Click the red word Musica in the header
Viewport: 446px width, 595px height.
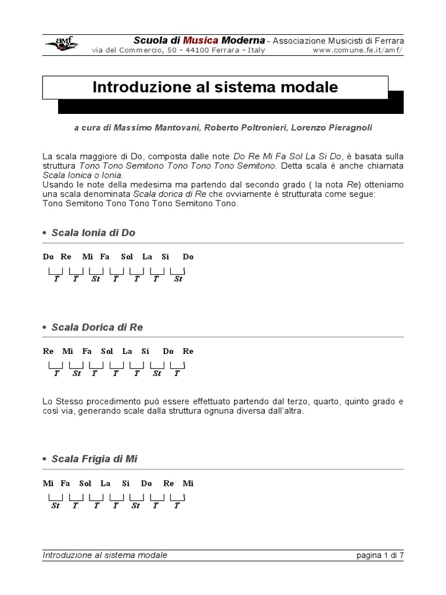pos(201,40)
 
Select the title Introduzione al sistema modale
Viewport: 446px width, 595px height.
pos(215,88)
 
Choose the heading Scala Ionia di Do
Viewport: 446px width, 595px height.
pos(93,232)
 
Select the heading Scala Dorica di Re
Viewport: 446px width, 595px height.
pos(97,327)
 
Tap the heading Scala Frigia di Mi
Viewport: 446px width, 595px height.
pos(94,459)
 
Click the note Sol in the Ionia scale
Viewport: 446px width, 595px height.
pos(127,256)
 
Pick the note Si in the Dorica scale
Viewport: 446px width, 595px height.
pos(145,351)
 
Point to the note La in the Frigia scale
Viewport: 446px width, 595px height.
pos(105,483)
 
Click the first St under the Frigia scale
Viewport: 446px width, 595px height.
pos(56,506)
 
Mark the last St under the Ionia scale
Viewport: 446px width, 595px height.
pos(178,279)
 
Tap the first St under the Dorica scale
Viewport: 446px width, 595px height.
pos(77,374)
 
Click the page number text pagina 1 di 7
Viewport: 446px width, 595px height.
pos(380,555)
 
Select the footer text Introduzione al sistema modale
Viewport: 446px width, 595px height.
pos(105,555)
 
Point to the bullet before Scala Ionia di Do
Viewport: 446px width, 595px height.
pos(45,233)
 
